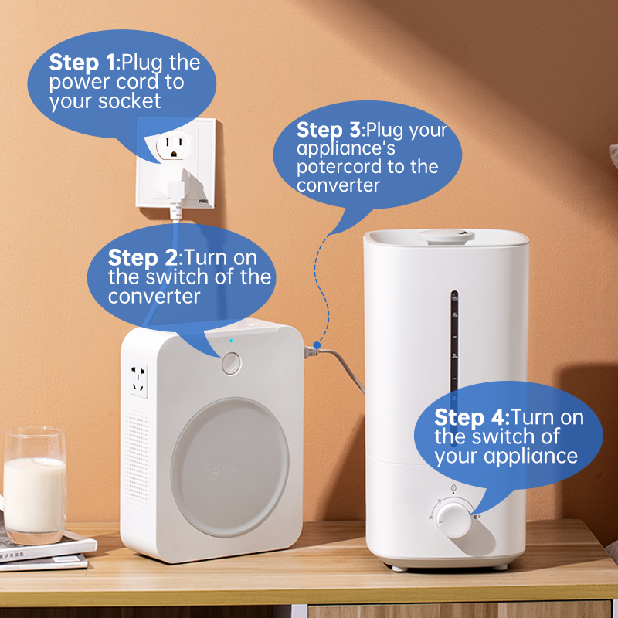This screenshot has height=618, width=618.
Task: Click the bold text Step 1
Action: [x=83, y=63]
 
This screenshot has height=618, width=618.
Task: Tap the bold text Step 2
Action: [x=143, y=257]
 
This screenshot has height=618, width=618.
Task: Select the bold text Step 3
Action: [x=329, y=130]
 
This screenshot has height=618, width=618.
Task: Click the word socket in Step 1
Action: [x=129, y=101]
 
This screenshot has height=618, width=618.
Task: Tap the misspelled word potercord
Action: [x=339, y=167]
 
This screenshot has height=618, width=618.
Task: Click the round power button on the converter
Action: [x=231, y=363]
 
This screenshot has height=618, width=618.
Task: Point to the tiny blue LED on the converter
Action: [x=231, y=341]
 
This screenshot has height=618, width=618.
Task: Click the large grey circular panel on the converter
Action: [x=230, y=467]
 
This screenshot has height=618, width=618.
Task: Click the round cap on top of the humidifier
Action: [x=447, y=236]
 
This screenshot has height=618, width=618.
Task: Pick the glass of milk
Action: [x=35, y=485]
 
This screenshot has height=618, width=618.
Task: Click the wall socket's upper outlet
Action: [x=173, y=144]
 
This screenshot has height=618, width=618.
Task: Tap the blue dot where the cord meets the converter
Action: [x=317, y=345]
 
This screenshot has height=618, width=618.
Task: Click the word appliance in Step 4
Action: [x=531, y=457]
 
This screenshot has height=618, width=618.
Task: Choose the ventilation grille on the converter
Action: [x=138, y=458]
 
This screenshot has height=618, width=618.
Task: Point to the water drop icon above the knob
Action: [x=453, y=487]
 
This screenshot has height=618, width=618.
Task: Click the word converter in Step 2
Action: [x=154, y=297]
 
